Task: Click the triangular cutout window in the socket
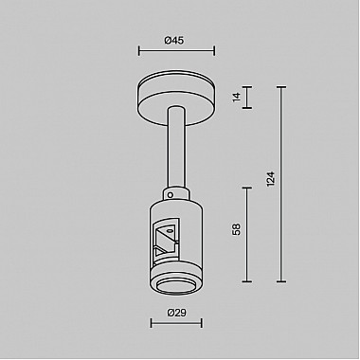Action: point(164,238)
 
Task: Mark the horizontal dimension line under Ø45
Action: point(176,52)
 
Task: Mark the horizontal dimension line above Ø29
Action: point(175,323)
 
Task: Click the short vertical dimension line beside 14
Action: point(248,96)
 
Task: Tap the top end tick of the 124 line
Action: point(281,86)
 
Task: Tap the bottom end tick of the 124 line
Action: point(281,281)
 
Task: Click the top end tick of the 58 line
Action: point(248,187)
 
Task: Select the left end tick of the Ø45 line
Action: point(138,52)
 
